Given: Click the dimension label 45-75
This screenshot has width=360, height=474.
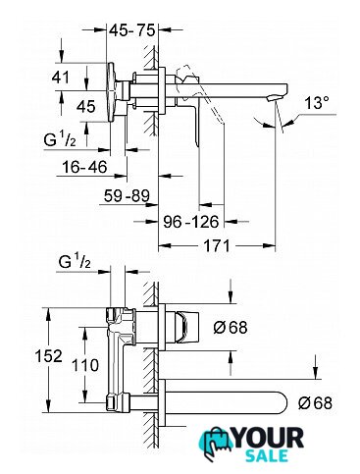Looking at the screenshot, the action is coord(131,30).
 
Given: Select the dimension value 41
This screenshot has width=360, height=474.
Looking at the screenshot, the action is coord(61,78).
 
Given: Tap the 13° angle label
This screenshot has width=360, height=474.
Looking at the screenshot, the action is coord(317,103).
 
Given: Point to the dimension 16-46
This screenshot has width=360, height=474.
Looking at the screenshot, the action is coord(84,167).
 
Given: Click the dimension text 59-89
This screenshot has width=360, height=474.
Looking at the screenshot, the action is coord(127,196).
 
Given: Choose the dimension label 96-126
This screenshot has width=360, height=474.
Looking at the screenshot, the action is coord(191,222).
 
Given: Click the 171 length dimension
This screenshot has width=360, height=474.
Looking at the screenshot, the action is coord(217,245).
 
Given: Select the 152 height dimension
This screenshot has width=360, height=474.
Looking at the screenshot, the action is coord(48,356).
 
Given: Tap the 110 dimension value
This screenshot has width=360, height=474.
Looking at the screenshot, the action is coord(85,365).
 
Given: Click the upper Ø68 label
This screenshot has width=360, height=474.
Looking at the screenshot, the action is coord(231,327).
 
